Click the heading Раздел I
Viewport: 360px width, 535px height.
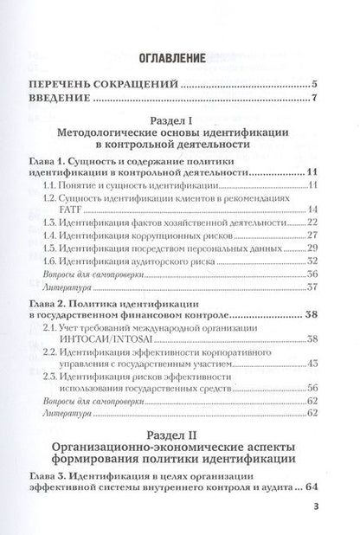tap(180, 123)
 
